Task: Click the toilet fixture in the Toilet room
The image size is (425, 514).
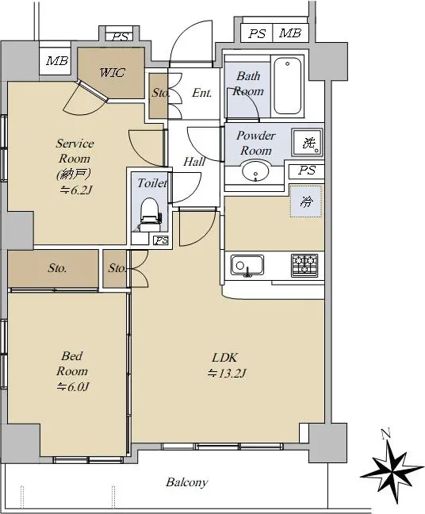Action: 151,214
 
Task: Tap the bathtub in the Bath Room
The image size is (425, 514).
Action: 287,86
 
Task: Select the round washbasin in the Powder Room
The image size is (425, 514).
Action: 255,171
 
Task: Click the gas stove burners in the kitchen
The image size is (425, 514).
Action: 304,265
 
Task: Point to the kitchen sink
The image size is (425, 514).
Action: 247,265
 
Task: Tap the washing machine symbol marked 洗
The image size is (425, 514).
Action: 308,143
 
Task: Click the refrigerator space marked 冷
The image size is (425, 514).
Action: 306,201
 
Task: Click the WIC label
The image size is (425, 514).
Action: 113,72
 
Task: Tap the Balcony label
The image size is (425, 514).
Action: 187,482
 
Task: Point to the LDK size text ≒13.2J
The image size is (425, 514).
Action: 227,374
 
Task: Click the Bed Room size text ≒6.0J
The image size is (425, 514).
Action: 72,387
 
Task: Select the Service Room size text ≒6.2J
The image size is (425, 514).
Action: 75,190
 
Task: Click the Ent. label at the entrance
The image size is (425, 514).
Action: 201,93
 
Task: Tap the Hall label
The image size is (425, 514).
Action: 194,162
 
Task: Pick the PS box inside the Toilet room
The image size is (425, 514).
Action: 161,241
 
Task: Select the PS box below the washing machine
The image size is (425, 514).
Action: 306,171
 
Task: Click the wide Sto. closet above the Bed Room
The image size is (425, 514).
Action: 53,268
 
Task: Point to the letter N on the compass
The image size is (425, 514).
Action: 386,434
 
